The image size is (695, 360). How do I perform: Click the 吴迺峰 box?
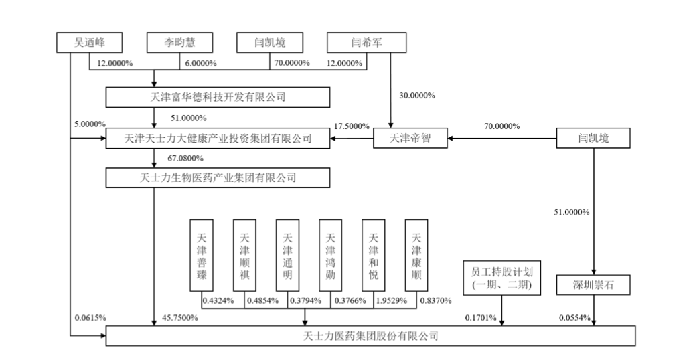tap(88, 43)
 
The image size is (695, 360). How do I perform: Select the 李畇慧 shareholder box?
tap(179, 43)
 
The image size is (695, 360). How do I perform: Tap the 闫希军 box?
tap(367, 43)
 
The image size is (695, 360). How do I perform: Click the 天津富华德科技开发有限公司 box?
tap(218, 98)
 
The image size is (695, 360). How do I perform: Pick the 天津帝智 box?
tap(411, 139)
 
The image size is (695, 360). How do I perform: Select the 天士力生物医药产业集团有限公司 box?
tap(218, 177)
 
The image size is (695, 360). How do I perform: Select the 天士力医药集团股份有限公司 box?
tap(370, 335)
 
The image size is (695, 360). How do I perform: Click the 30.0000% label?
tap(418, 95)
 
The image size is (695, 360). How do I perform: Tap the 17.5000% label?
tap(351, 126)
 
